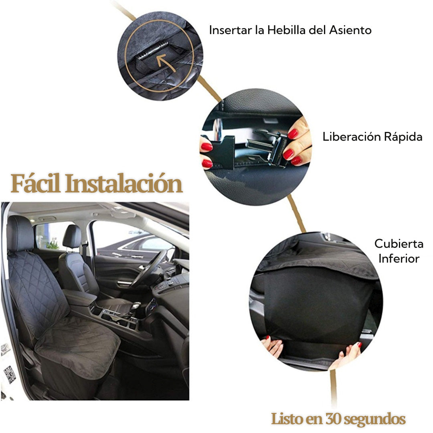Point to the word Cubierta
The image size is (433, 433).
(399, 243)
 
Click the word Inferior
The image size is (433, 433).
(399, 258)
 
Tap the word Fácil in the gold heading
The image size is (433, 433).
(36, 184)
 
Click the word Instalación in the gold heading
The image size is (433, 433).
(124, 184)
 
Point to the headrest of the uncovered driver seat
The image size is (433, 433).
(72, 236)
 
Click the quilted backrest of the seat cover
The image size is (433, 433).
(38, 289)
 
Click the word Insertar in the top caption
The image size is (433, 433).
(230, 30)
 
